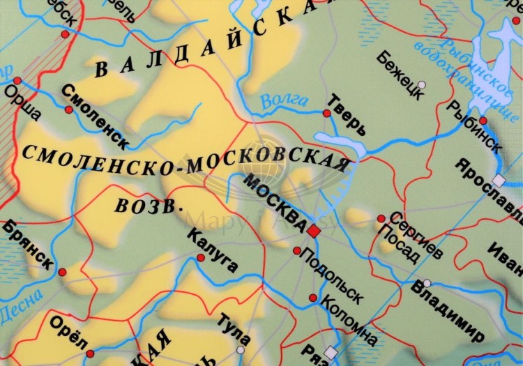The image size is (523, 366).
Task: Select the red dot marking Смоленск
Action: pyautogui.click(x=69, y=109)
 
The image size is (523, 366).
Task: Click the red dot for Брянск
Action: pyautogui.click(x=62, y=272)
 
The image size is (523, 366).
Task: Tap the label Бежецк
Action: pyautogui.click(x=400, y=74)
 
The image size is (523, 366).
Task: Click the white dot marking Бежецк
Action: pyautogui.click(x=421, y=84)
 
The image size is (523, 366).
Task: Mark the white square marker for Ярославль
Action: pyautogui.click(x=498, y=180)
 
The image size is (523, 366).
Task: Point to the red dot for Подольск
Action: pyautogui.click(x=297, y=250)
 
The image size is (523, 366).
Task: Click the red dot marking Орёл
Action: pyautogui.click(x=90, y=353)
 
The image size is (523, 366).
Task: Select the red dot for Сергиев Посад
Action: pyautogui.click(x=381, y=218)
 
